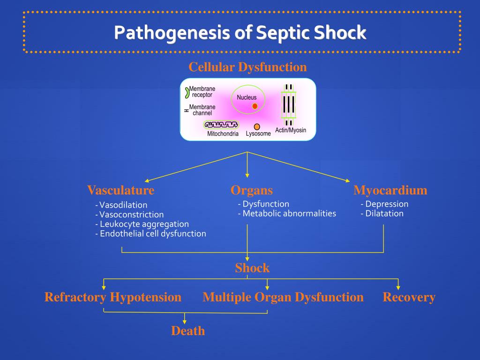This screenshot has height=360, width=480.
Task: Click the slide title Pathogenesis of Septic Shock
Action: (240, 33)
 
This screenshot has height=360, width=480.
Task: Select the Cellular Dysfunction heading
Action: (247, 67)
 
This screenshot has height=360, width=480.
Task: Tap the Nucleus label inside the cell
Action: (247, 97)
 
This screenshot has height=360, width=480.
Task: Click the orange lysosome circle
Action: (257, 127)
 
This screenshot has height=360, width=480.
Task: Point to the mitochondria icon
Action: (221, 125)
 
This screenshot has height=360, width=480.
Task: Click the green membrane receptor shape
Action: (186, 92)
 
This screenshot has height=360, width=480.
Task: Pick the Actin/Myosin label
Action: (291, 130)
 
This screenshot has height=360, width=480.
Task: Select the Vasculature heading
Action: (120, 190)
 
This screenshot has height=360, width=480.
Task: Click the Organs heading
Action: (252, 190)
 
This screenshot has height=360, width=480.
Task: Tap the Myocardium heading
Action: (390, 190)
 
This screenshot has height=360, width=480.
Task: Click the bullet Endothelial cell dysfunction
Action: (150, 233)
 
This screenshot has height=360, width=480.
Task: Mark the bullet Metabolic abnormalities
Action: (287, 213)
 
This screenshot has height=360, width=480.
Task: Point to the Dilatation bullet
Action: (382, 213)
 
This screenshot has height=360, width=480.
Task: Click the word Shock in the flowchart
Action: (252, 268)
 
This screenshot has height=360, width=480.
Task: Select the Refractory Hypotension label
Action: (113, 297)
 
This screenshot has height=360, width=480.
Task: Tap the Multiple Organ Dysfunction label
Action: (283, 297)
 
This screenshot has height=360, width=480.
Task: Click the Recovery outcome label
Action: (409, 297)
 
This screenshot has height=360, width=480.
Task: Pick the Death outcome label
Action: (188, 331)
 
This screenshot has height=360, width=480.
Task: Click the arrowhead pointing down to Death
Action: (185, 321)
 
